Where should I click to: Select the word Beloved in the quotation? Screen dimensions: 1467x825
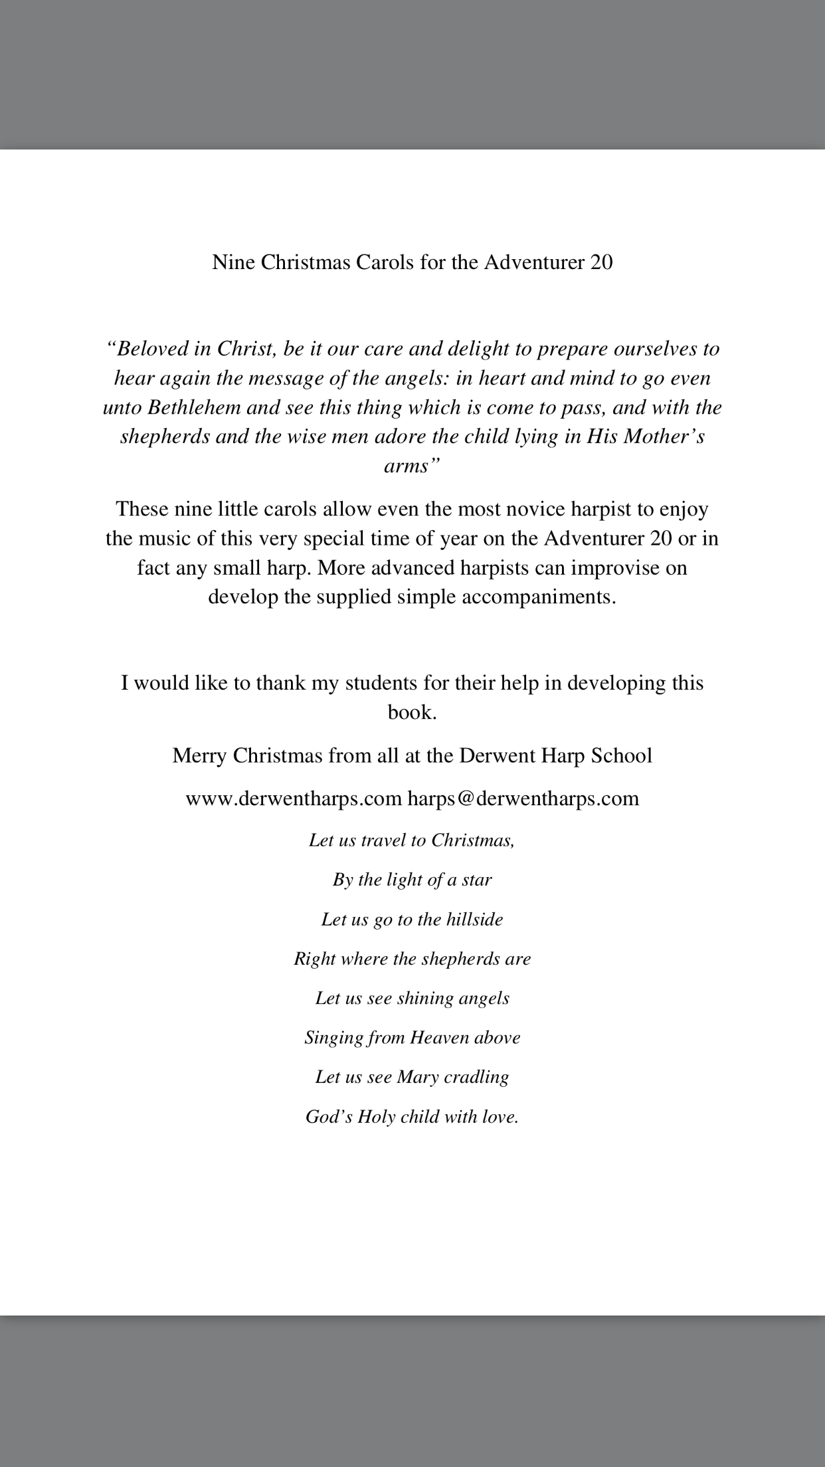tap(147, 349)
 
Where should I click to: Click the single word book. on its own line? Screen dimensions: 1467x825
tap(412, 712)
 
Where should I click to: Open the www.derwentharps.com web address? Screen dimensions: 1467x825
tap(294, 798)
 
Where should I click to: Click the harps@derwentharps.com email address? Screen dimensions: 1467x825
tap(523, 798)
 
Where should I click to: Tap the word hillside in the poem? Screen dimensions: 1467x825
tap(474, 920)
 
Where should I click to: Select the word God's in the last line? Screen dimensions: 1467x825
tap(329, 1117)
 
